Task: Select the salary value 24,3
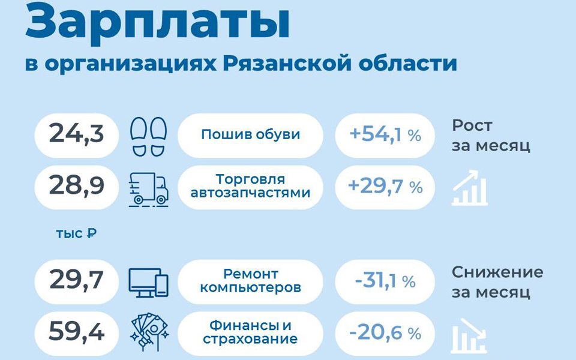point(76,134)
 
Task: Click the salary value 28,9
point(76,186)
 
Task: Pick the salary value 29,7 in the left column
point(76,280)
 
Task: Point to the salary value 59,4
point(76,332)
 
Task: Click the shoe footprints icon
point(148,136)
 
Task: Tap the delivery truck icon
point(148,189)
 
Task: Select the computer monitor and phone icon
point(148,282)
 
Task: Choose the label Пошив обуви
point(251,135)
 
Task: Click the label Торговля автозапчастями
point(251,186)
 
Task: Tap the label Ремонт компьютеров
point(251,280)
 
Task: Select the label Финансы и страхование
point(251,332)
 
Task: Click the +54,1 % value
point(385,135)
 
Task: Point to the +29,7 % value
point(385,186)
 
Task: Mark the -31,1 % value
point(385,281)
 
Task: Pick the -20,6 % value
point(385,333)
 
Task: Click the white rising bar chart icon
point(470,188)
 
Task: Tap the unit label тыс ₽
point(76,233)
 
